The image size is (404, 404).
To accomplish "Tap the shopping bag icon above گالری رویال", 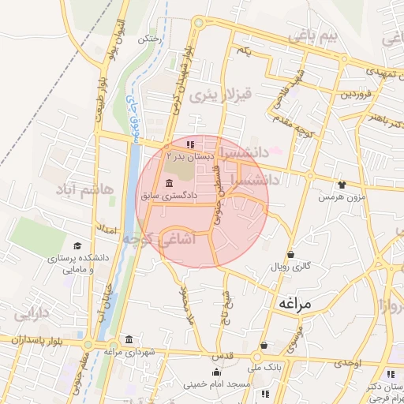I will tap(292, 254).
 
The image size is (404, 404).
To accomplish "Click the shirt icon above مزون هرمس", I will tap(341, 184).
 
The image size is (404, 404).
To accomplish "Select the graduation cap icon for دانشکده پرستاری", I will tap(77, 246).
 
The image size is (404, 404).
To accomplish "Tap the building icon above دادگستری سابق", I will tap(170, 183).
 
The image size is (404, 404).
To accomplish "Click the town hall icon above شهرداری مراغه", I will tap(128, 340).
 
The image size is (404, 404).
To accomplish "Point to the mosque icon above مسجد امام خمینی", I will tap(216, 372).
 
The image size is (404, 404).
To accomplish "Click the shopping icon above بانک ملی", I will tap(264, 346).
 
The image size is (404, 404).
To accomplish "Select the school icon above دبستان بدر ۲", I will tap(190, 145).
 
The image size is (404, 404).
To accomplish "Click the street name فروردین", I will tap(354, 94).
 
